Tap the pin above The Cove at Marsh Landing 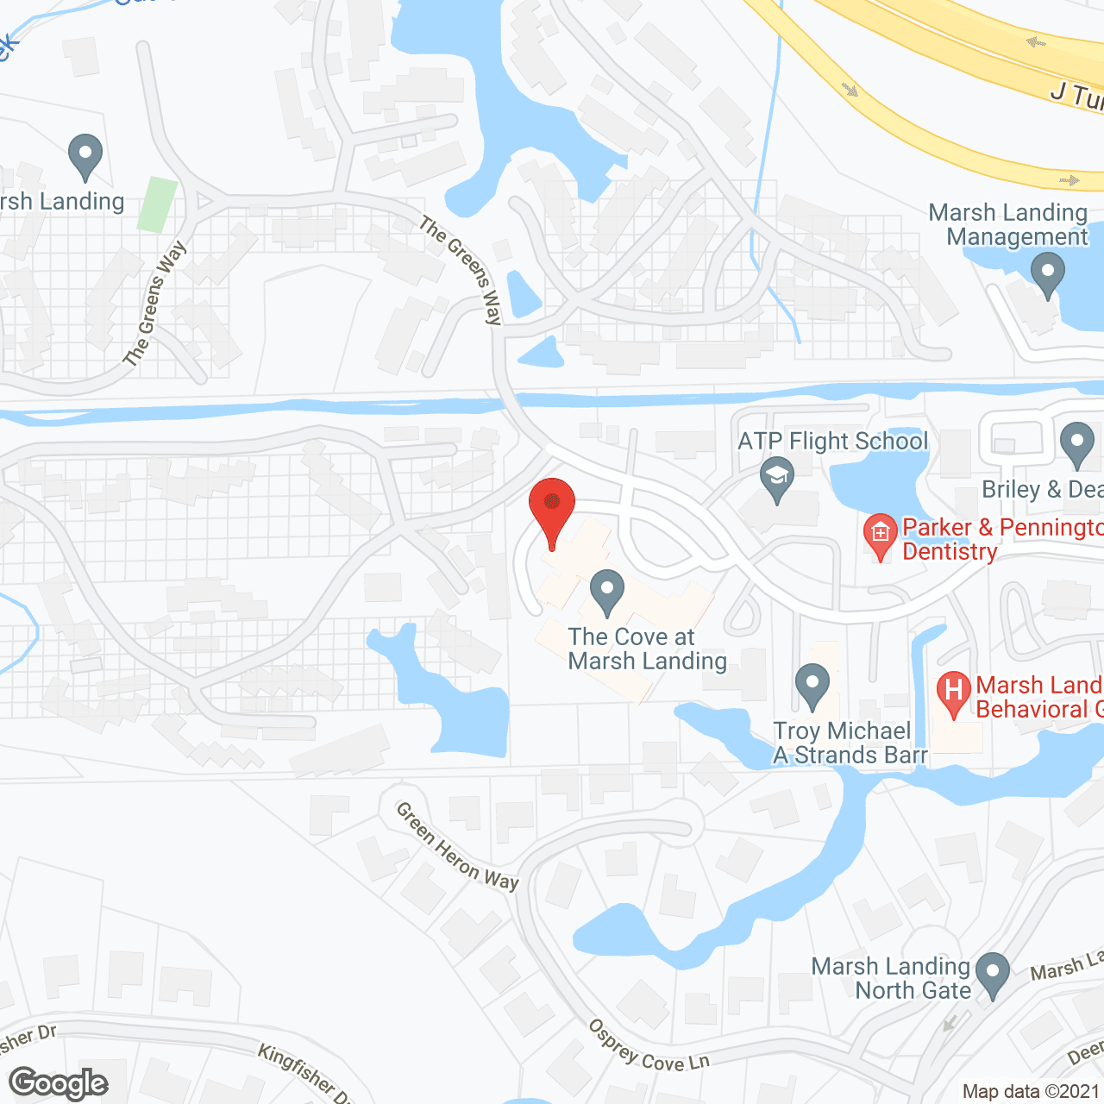pos(607,592)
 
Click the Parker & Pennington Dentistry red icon pos(880,535)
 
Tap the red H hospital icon pos(953,692)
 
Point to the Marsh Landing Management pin pos(1047,273)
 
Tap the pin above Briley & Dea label pos(1076,443)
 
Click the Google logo pos(59,1083)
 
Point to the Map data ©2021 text pos(1031,1091)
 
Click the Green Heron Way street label pos(457,846)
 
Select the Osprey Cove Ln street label pos(649,1046)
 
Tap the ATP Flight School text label pos(833,442)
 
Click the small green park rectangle pos(157,204)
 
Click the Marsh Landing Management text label pos(1008,224)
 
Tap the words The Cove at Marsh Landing pos(647,649)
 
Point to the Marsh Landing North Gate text pos(892,978)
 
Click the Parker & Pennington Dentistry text pos(1000,539)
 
